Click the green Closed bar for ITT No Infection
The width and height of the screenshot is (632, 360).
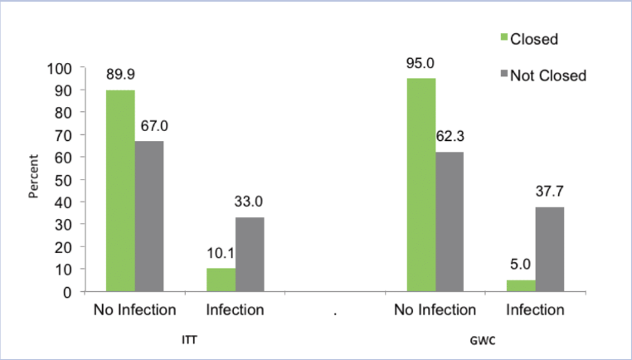120,191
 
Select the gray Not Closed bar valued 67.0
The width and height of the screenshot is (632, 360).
149,216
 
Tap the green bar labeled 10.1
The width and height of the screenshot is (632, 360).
221,280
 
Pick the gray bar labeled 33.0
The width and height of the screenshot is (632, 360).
250,255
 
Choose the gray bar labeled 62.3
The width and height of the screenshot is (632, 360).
450,221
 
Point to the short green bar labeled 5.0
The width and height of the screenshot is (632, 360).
521,286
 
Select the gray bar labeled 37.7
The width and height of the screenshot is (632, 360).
550,249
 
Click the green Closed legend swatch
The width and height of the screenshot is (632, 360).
503,38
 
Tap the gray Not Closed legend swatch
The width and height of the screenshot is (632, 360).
503,75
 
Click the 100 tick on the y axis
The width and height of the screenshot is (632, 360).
61,68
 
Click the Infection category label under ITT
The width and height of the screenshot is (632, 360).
236,311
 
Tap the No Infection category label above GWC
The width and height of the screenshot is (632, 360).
435,311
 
